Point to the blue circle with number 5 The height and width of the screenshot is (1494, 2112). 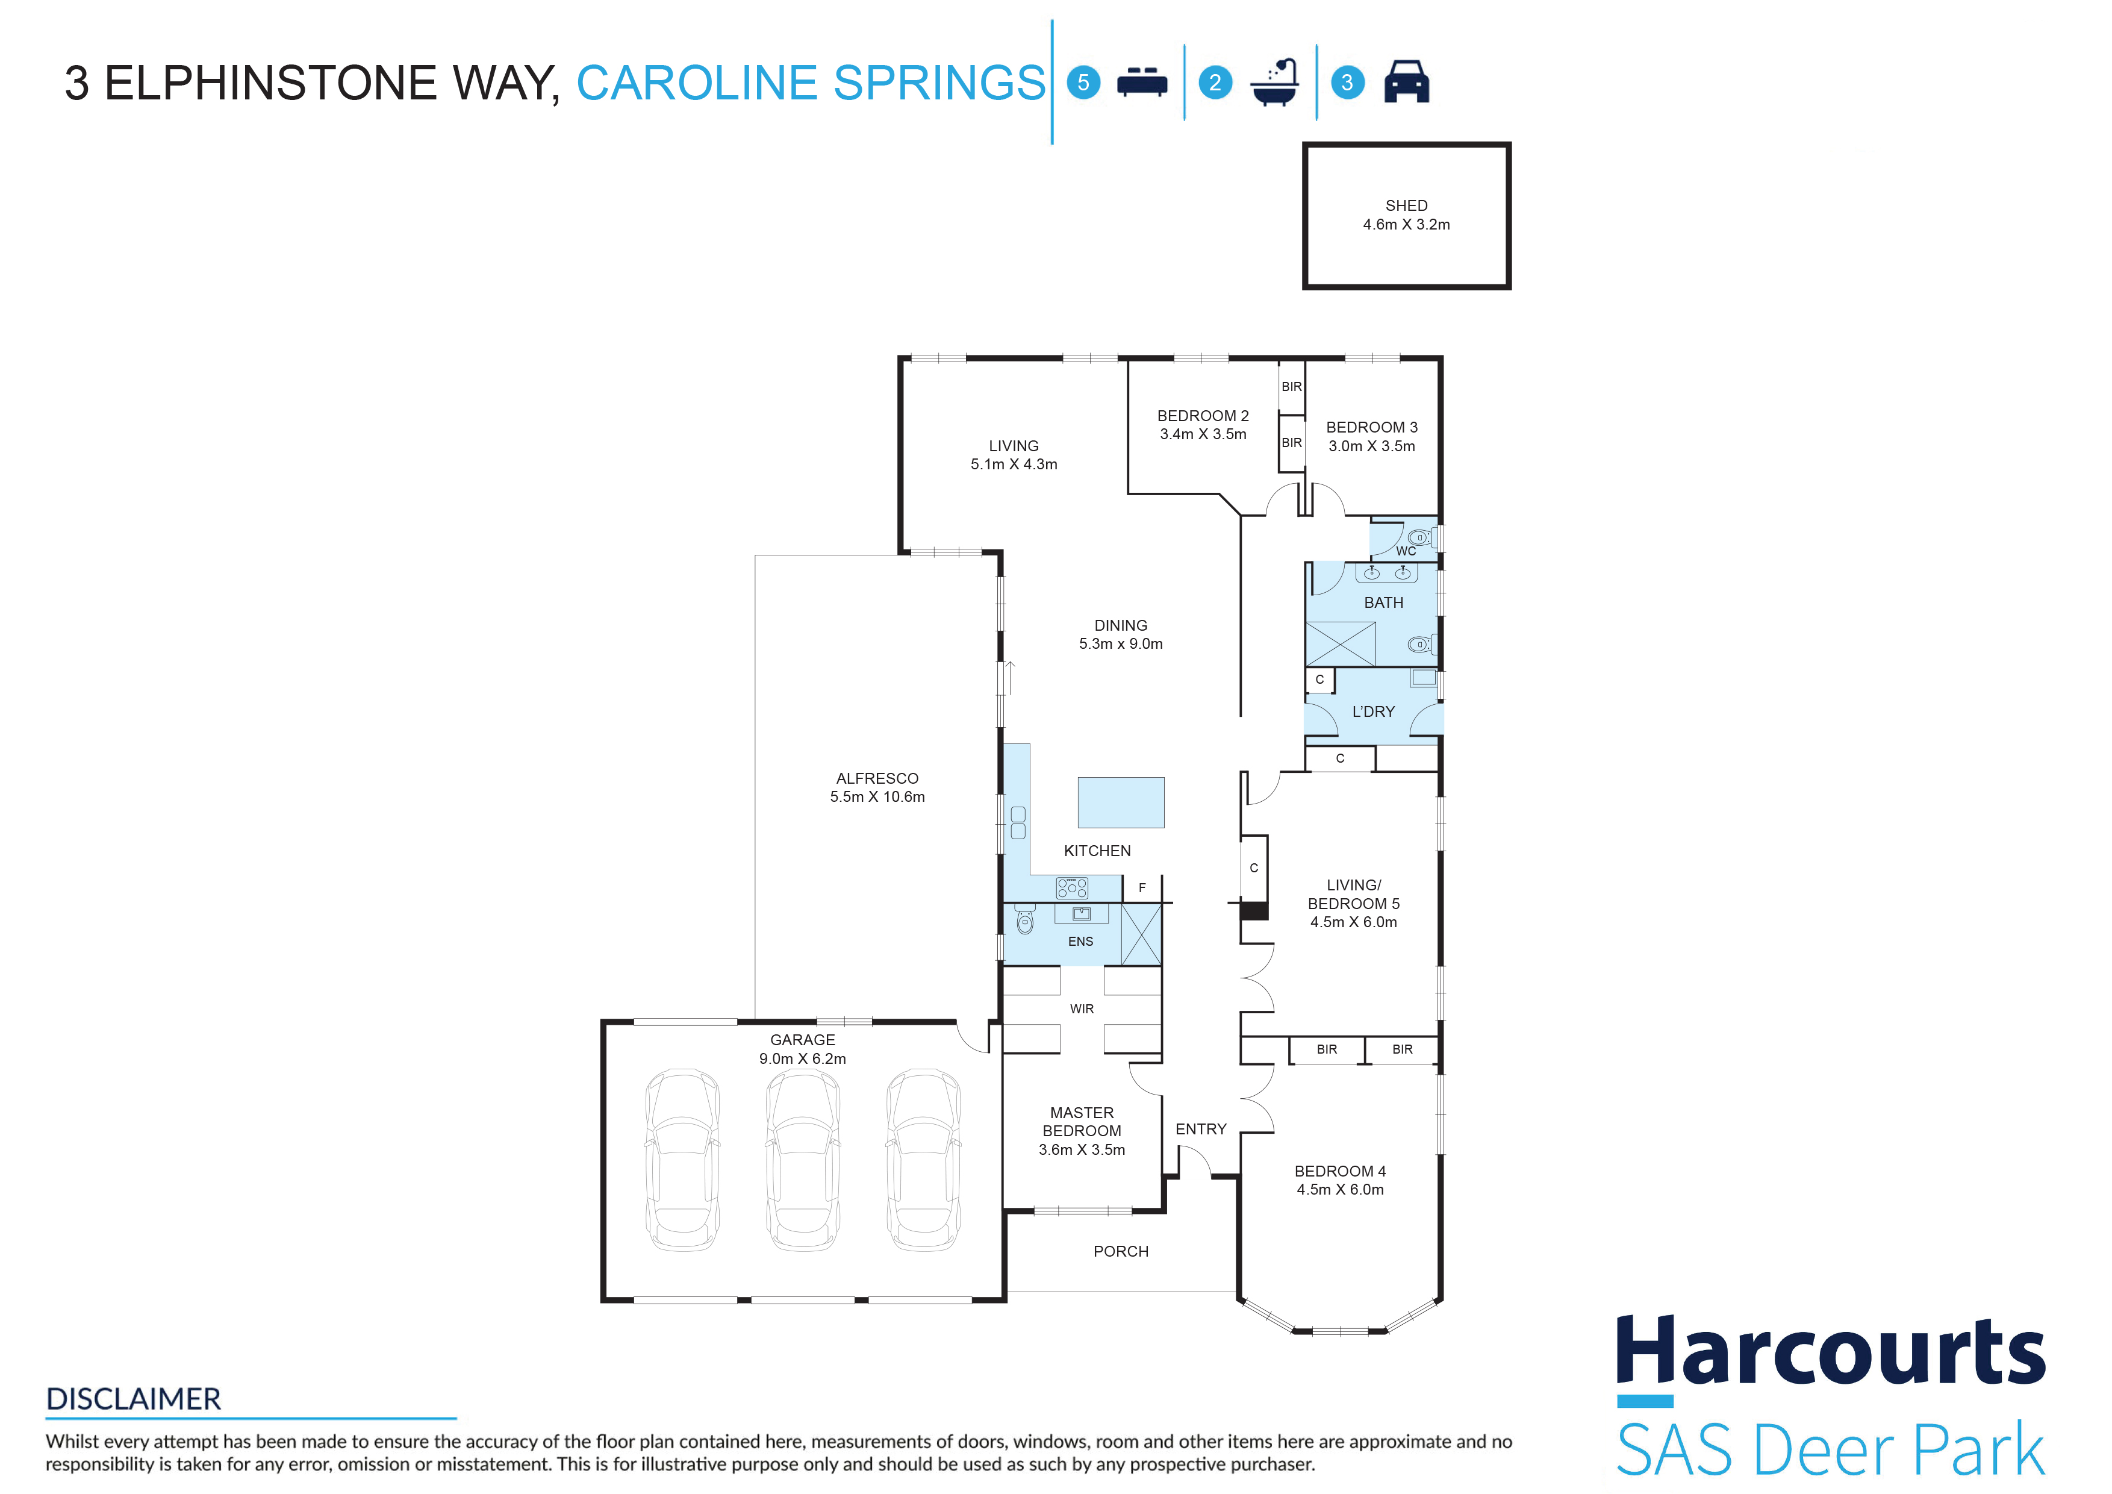(1083, 83)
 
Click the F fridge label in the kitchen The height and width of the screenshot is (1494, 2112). (1142, 888)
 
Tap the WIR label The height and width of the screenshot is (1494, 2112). (1082, 1009)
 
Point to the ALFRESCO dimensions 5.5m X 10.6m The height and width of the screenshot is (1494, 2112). (877, 796)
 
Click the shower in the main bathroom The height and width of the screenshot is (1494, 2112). (1341, 644)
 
